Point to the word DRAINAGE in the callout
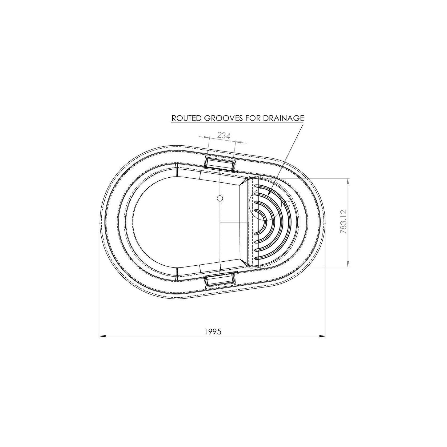pos(283,118)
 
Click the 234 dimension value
pos(223,136)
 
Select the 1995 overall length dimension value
pos(213,332)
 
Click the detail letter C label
pos(287,204)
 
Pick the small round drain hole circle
pos(220,198)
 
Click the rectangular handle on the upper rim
pos(220,163)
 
